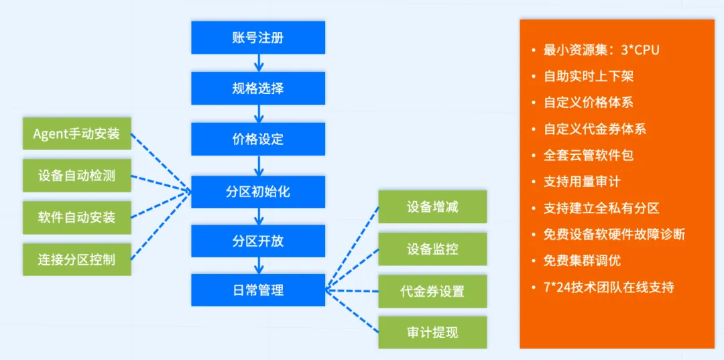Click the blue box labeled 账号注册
(x=258, y=38)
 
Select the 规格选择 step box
(x=258, y=88)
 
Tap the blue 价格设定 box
(x=258, y=139)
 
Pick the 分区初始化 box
(x=258, y=192)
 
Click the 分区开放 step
(x=258, y=241)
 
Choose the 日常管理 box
(x=258, y=290)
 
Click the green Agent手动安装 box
(x=76, y=133)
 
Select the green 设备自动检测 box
(x=76, y=176)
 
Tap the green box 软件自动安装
(x=76, y=217)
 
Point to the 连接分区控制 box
(x=76, y=259)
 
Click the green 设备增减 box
(x=432, y=206)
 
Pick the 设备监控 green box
(x=432, y=249)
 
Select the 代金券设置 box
(x=432, y=292)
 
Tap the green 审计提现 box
(x=432, y=333)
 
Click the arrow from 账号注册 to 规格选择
(x=258, y=63)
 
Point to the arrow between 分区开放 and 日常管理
(x=258, y=265)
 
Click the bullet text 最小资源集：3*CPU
(x=601, y=50)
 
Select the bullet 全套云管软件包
(x=588, y=155)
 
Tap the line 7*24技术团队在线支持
(x=608, y=287)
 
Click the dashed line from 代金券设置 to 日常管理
(x=352, y=291)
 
